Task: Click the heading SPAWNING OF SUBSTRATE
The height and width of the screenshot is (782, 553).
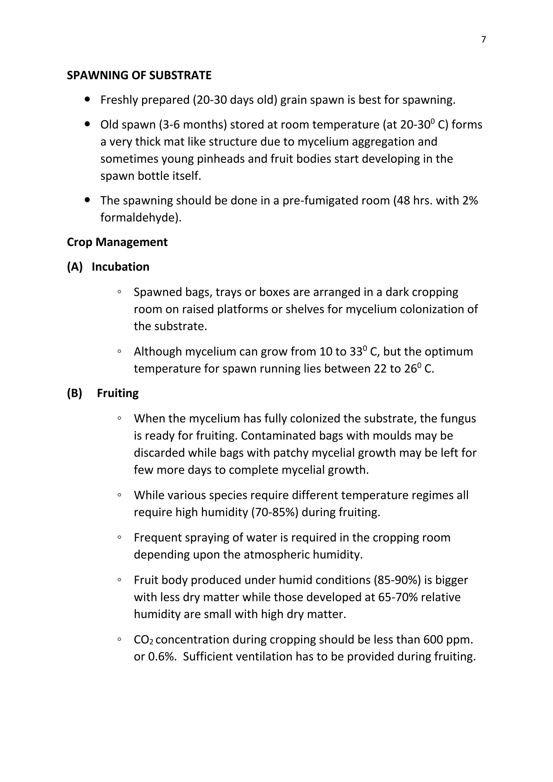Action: (x=139, y=75)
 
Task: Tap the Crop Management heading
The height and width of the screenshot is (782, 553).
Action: (x=117, y=242)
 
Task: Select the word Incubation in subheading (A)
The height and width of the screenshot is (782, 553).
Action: (x=120, y=267)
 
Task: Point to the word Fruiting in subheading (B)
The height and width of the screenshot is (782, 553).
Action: (x=117, y=393)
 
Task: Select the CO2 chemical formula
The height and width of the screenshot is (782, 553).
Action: (x=143, y=640)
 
